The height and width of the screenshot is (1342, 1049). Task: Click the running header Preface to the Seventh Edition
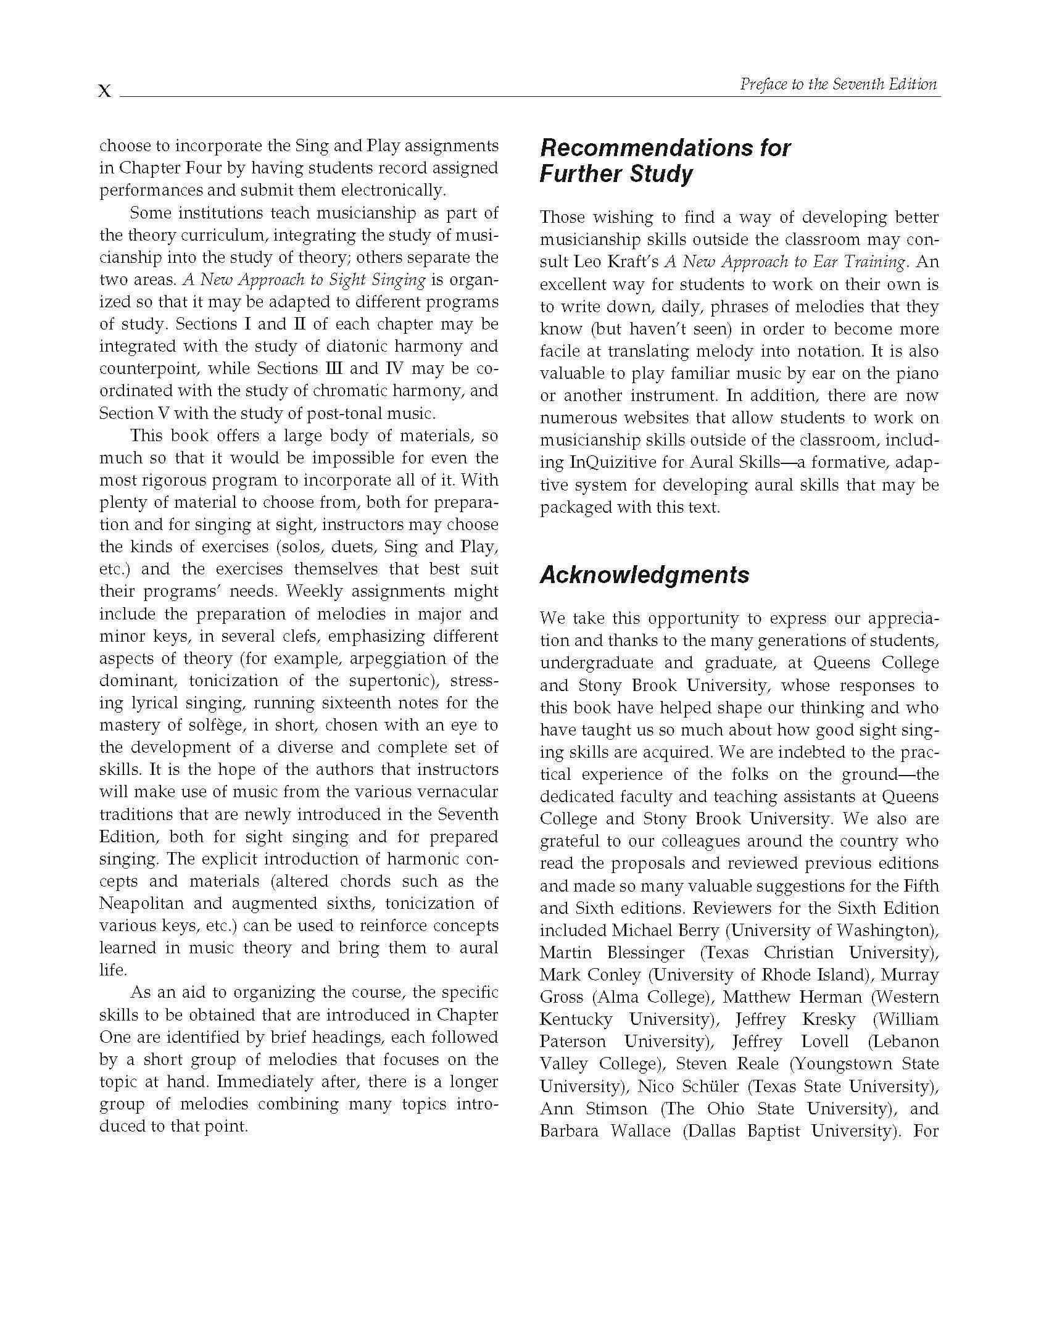tap(839, 85)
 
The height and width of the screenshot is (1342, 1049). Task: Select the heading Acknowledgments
tap(644, 574)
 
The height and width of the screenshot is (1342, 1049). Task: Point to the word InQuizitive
tap(613, 462)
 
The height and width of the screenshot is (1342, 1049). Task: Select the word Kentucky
tap(576, 1019)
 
